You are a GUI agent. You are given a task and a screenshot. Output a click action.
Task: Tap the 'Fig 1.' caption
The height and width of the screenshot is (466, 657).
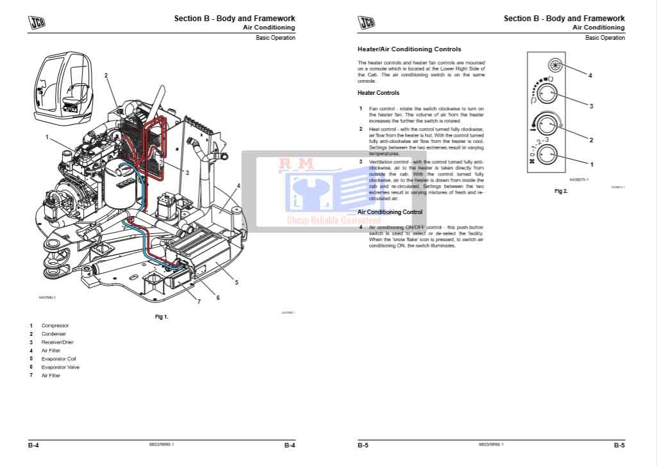click(x=162, y=317)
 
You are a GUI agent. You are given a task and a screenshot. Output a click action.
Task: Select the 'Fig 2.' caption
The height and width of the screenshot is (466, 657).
click(x=561, y=191)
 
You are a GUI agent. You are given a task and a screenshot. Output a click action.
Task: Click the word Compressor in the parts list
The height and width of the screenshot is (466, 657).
click(x=55, y=326)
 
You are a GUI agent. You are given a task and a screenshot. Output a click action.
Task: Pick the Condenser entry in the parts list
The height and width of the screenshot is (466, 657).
click(x=54, y=334)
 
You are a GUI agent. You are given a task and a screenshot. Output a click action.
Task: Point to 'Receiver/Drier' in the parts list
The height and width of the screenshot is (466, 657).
click(x=58, y=342)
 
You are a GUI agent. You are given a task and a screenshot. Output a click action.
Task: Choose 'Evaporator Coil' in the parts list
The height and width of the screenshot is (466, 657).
click(x=58, y=359)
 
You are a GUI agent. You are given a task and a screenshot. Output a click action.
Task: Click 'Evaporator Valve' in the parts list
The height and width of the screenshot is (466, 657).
click(x=60, y=367)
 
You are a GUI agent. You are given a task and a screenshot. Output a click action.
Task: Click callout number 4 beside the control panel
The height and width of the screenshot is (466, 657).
click(x=590, y=76)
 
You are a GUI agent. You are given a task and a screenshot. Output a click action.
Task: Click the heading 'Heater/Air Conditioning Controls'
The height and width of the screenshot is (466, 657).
click(x=409, y=49)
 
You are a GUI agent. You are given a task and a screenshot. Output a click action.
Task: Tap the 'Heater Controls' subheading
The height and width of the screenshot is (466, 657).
click(x=378, y=93)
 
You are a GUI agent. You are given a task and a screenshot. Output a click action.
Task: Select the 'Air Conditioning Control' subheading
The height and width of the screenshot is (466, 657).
click(x=390, y=212)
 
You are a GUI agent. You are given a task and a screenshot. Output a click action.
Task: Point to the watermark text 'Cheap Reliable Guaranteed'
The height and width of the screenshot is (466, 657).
click(x=333, y=221)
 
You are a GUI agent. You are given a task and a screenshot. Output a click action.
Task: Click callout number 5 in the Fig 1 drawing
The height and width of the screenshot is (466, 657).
click(x=237, y=282)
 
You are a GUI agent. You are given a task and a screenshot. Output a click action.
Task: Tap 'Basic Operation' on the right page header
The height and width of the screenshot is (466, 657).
click(x=604, y=38)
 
